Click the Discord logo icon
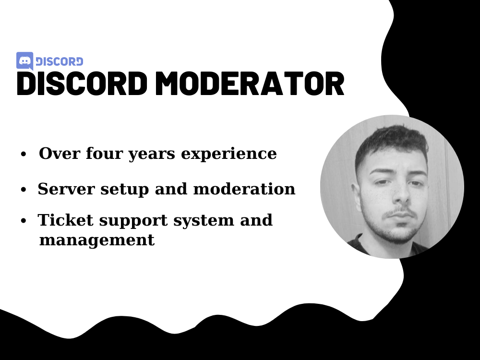[24, 61]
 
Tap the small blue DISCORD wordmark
[59, 61]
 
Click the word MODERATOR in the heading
[250, 84]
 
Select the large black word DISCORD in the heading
[82, 84]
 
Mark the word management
[96, 240]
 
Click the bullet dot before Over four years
[23, 155]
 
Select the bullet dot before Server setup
[23, 190]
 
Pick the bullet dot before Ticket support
[23, 221]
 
